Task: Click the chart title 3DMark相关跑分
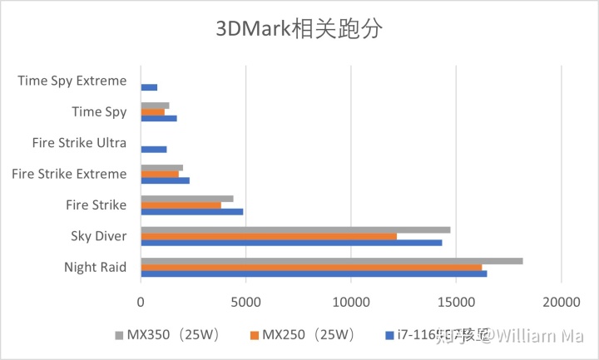299,30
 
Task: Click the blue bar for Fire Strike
191,211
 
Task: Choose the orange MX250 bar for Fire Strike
181,205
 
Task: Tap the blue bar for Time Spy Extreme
149,87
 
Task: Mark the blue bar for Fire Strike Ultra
154,150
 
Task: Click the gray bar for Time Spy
155,105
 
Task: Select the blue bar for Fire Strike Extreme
165,180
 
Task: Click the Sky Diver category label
99,236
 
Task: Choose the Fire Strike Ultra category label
79,143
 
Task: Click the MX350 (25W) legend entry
166,335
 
